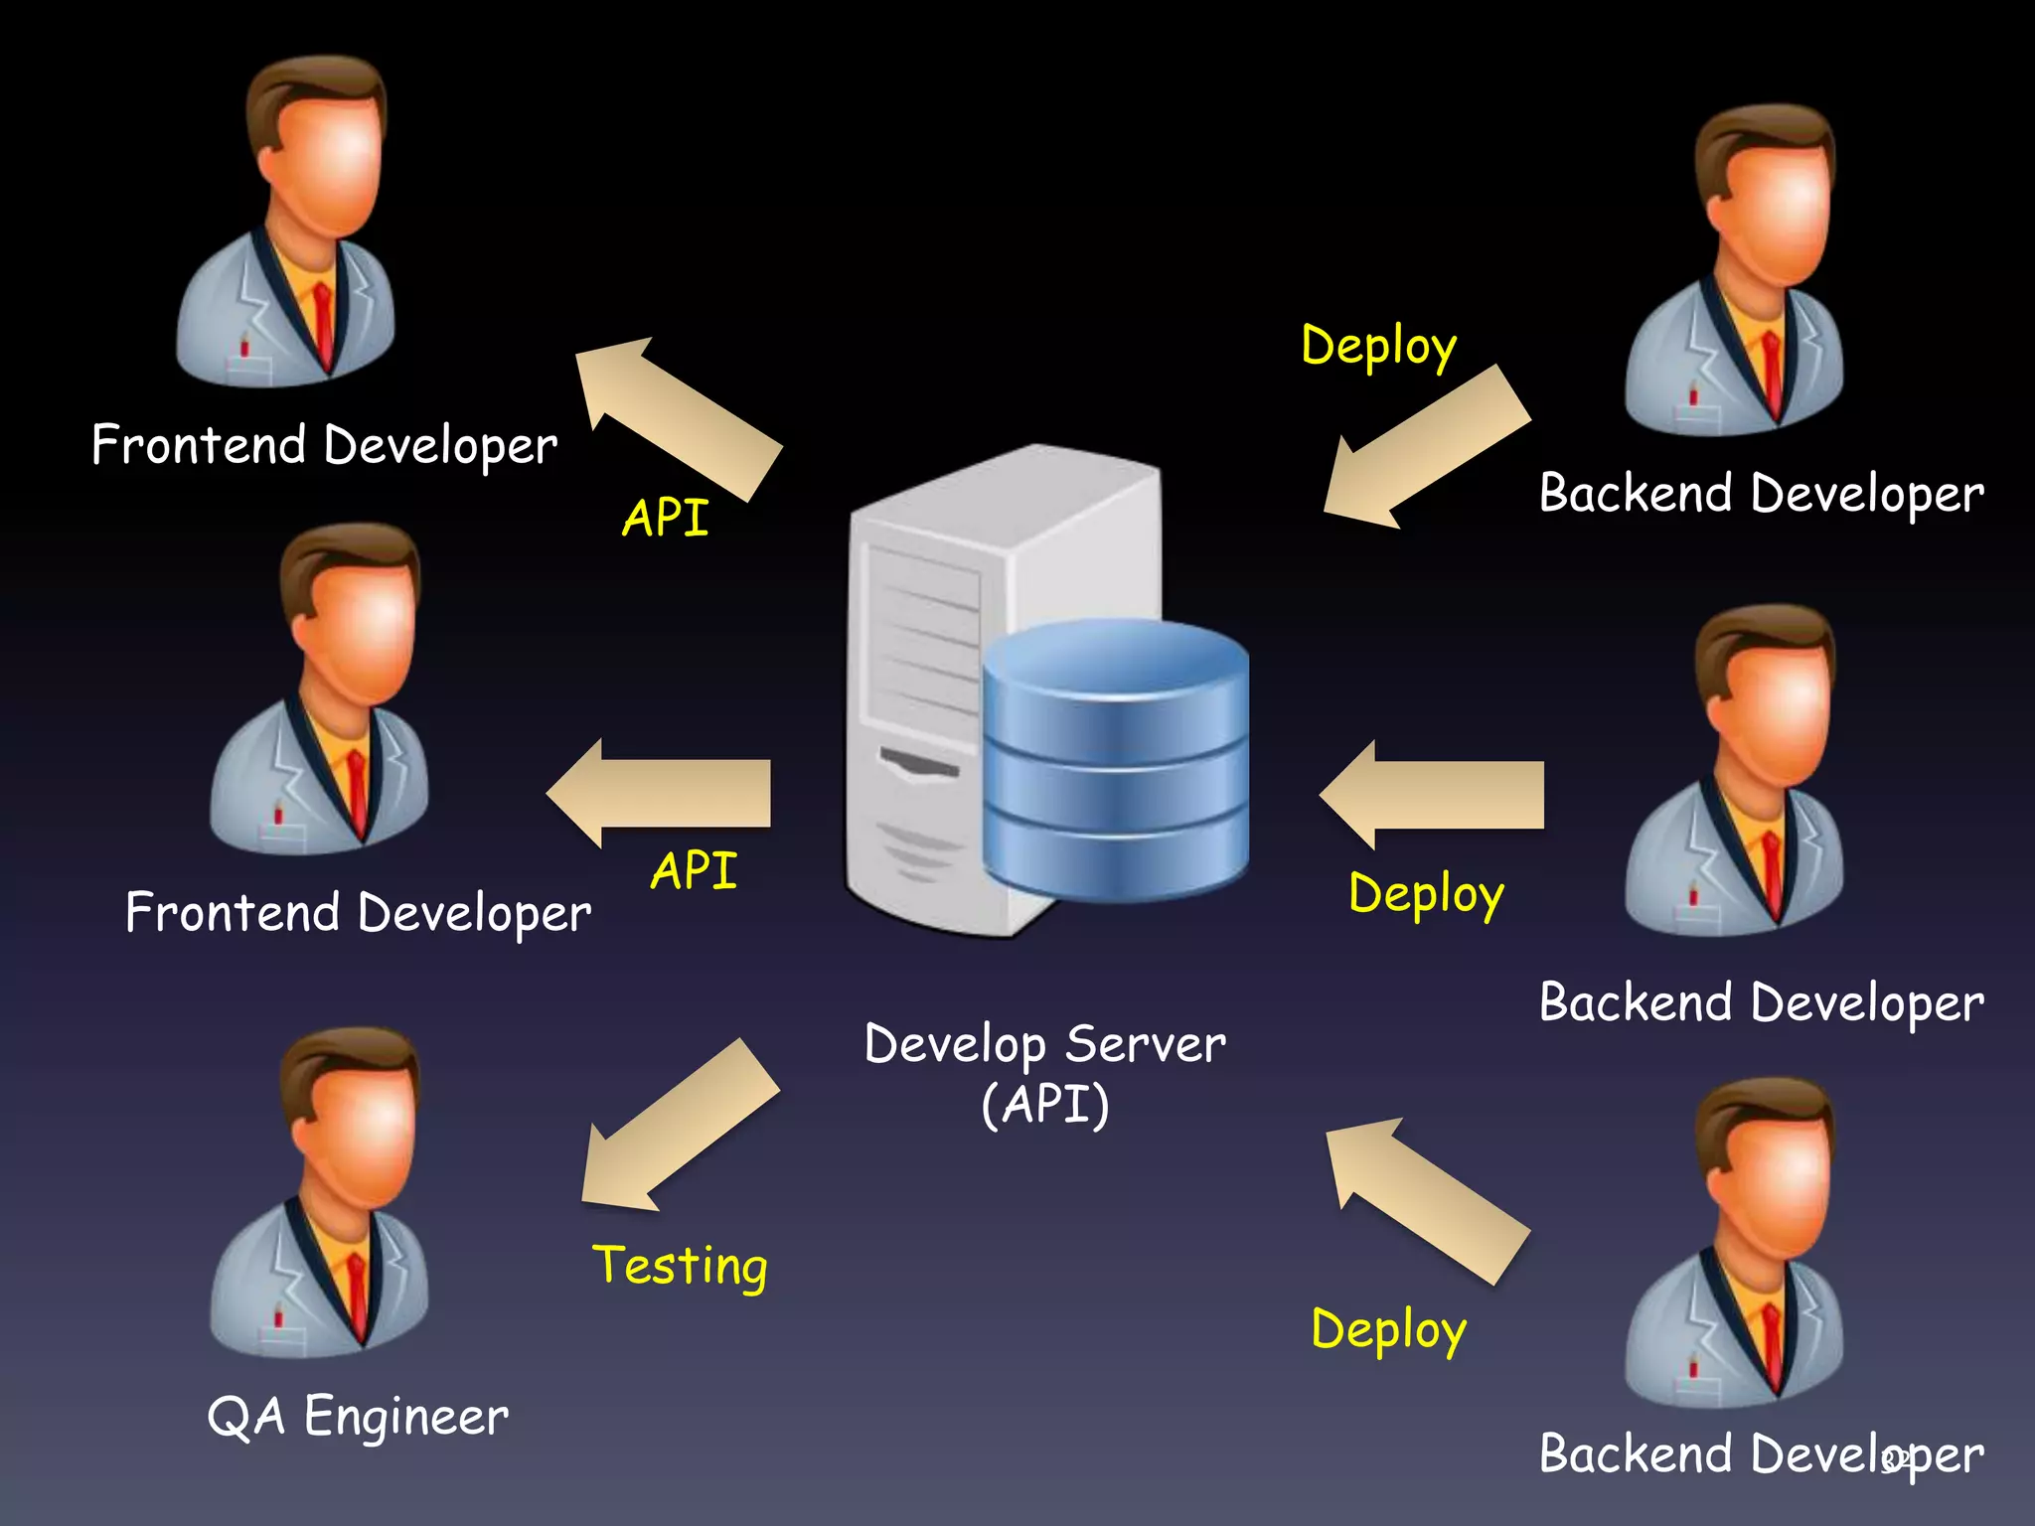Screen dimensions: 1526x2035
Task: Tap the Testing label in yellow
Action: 680,1266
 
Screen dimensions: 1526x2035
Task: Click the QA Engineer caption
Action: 358,1416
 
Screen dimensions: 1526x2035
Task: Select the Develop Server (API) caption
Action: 1044,1073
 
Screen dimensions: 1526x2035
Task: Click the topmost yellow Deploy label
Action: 1379,346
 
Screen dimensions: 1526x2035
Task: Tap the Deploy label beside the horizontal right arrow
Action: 1426,893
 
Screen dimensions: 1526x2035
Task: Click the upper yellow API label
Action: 666,518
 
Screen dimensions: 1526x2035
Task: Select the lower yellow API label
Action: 694,870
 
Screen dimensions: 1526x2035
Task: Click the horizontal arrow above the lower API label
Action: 660,793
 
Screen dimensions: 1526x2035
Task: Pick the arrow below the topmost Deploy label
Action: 1426,447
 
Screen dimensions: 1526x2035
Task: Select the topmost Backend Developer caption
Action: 1761,493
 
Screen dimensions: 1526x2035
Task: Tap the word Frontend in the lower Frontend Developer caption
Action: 234,912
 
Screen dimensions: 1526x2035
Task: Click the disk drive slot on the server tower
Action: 919,764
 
